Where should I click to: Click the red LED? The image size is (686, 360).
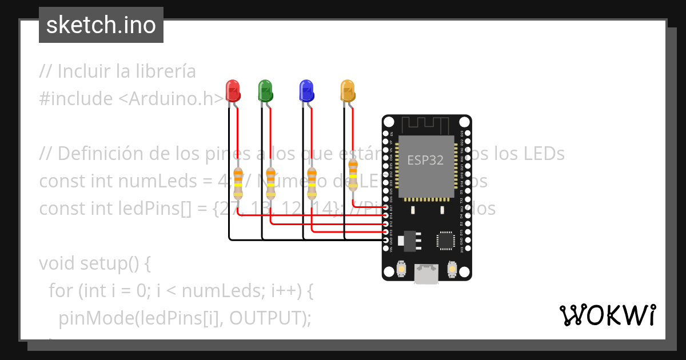click(233, 91)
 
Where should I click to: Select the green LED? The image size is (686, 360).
click(265, 91)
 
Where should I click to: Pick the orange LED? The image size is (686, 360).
click(347, 91)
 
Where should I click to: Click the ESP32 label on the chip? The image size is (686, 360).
click(425, 160)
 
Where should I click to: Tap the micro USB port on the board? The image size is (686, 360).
click(426, 274)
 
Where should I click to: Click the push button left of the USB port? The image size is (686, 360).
click(401, 269)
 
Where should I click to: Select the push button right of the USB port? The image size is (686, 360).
click(452, 269)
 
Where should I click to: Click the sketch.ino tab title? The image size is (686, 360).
click(101, 25)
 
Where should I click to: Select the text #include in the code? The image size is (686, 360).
click(76, 99)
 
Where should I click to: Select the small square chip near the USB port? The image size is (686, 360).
click(446, 241)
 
